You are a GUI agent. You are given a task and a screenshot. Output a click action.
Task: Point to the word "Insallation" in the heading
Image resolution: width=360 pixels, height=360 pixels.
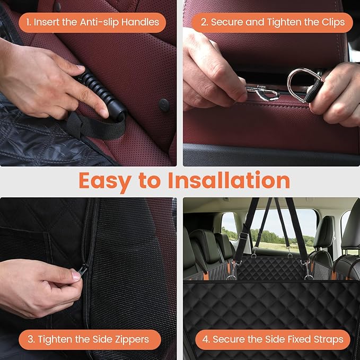(229, 180)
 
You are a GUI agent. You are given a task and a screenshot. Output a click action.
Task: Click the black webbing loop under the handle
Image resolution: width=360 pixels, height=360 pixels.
(98, 126)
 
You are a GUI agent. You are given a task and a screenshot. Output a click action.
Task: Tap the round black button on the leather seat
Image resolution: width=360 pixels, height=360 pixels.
(164, 104)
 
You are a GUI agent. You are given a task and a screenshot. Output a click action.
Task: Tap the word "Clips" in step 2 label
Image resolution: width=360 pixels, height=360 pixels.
(332, 22)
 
